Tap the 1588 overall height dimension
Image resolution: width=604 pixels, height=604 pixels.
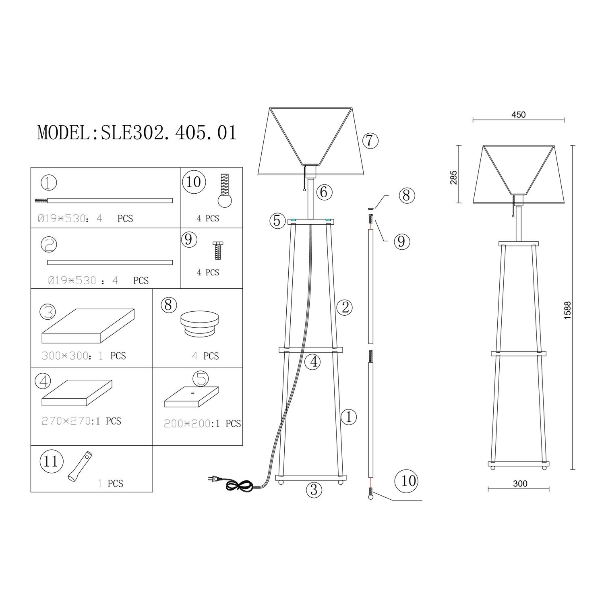click(x=568, y=310)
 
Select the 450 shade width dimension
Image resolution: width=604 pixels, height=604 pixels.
click(x=519, y=115)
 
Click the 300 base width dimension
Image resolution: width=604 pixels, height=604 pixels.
click(x=520, y=484)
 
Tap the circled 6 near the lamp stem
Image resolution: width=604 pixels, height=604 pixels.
click(x=324, y=192)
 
